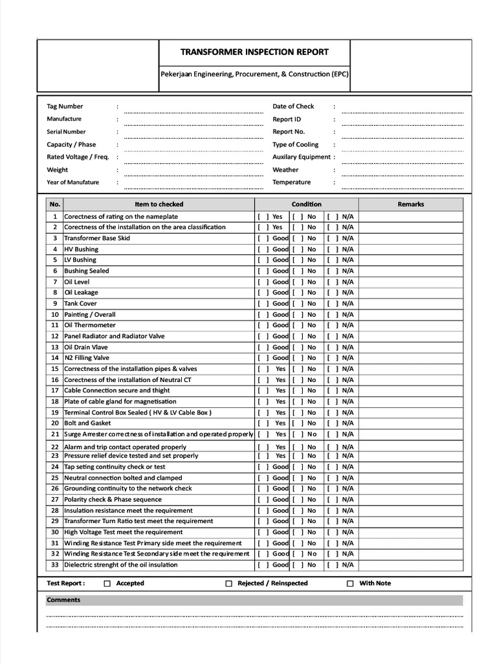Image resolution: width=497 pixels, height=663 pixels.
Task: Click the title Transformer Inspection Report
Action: (254, 52)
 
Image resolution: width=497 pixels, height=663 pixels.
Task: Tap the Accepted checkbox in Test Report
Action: (107, 583)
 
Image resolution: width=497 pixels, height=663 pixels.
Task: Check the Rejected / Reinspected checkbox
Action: (228, 583)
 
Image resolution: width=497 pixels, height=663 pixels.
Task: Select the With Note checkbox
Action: (350, 583)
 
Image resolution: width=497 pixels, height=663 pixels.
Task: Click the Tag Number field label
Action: (65, 106)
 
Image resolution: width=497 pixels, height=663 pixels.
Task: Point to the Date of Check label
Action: (293, 106)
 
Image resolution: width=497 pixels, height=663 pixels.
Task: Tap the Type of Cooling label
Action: (295, 144)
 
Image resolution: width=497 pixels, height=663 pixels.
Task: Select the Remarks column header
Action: (411, 204)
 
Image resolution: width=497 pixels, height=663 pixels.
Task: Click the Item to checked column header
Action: (159, 204)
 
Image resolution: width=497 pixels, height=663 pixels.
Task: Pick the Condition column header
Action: (306, 204)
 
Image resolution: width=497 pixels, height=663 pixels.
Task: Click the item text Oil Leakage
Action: (81, 293)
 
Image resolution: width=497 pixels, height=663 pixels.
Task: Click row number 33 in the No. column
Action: (55, 565)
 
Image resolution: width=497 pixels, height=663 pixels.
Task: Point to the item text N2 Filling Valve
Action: (87, 358)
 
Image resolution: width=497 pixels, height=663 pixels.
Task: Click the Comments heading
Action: (63, 600)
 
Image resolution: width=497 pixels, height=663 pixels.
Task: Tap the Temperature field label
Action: (291, 182)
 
